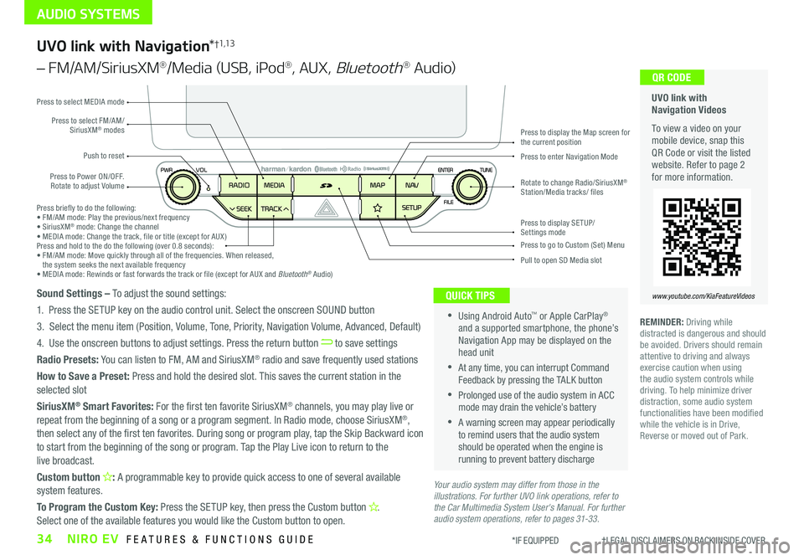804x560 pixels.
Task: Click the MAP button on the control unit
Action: (x=377, y=185)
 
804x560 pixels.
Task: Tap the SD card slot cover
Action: (x=328, y=185)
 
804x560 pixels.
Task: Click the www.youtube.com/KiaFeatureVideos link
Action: (x=702, y=296)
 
